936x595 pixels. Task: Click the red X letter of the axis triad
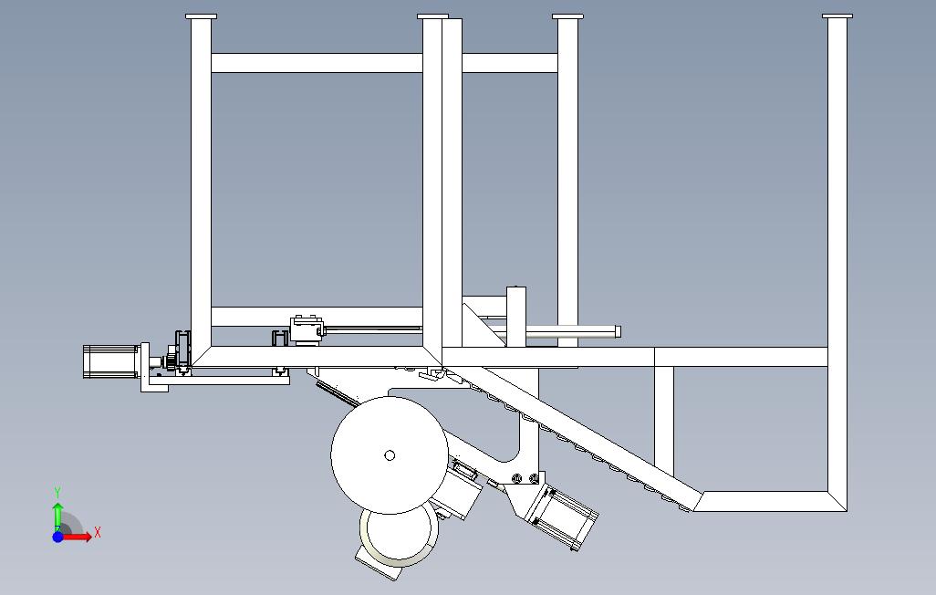pyautogui.click(x=98, y=532)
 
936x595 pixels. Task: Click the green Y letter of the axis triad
pyautogui.click(x=57, y=493)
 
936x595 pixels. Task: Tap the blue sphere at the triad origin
pyautogui.click(x=57, y=537)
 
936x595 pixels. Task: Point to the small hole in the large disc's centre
pyautogui.click(x=390, y=455)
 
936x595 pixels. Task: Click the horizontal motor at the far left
pyautogui.click(x=111, y=361)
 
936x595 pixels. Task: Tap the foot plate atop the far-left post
pyautogui.click(x=202, y=16)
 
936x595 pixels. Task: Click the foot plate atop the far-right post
pyautogui.click(x=837, y=16)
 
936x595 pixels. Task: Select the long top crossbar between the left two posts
pyautogui.click(x=317, y=63)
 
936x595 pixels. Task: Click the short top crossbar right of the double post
pyautogui.click(x=510, y=63)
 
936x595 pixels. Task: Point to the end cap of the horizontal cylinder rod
pyautogui.click(x=618, y=331)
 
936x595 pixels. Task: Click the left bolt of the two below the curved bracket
pyautogui.click(x=517, y=478)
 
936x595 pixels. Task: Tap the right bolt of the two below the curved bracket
pyautogui.click(x=534, y=478)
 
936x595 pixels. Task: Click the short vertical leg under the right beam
pyautogui.click(x=664, y=422)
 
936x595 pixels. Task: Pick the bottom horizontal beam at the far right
pyautogui.click(x=771, y=501)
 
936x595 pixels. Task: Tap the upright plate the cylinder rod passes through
pyautogui.click(x=516, y=317)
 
